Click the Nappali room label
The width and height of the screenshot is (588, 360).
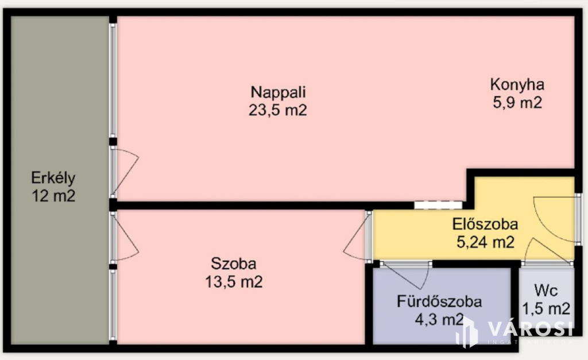click(x=278, y=92)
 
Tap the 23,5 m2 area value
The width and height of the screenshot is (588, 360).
click(x=278, y=110)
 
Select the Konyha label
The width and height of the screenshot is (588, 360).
click(x=517, y=84)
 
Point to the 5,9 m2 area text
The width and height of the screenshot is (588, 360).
click(x=517, y=103)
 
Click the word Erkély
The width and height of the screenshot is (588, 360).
click(x=53, y=177)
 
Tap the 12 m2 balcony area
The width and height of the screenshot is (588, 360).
click(x=53, y=196)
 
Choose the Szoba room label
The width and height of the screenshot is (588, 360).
click(x=234, y=264)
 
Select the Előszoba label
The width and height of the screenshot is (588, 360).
click(x=485, y=224)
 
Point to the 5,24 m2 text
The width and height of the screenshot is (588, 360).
click(x=485, y=242)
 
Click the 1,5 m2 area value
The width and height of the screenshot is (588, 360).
click(x=546, y=308)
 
